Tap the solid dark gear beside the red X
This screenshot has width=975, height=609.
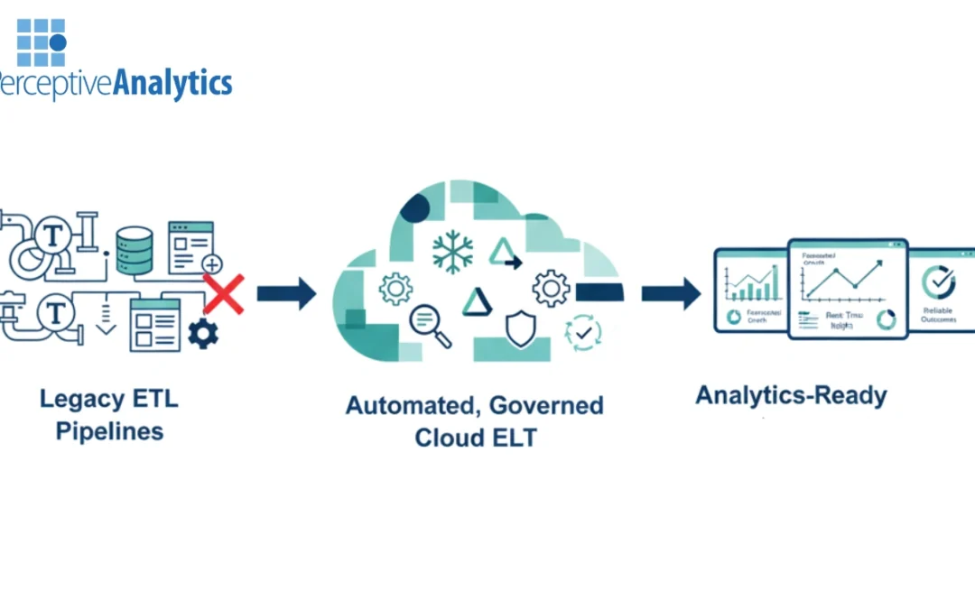click(x=202, y=335)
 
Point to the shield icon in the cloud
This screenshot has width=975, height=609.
click(x=521, y=329)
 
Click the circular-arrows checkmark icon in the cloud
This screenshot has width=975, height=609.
click(x=581, y=333)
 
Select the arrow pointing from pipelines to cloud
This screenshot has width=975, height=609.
click(x=286, y=293)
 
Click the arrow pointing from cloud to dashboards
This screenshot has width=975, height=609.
click(x=671, y=293)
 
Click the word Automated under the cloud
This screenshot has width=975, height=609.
click(x=408, y=405)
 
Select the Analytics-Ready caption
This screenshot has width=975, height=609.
click(x=791, y=395)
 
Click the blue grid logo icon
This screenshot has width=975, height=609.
click(x=42, y=42)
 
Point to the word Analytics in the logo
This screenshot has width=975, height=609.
click(x=172, y=84)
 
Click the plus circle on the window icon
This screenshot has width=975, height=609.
click(x=212, y=264)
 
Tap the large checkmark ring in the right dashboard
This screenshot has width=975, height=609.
click(x=939, y=282)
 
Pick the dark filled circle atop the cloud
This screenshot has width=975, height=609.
click(x=414, y=208)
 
